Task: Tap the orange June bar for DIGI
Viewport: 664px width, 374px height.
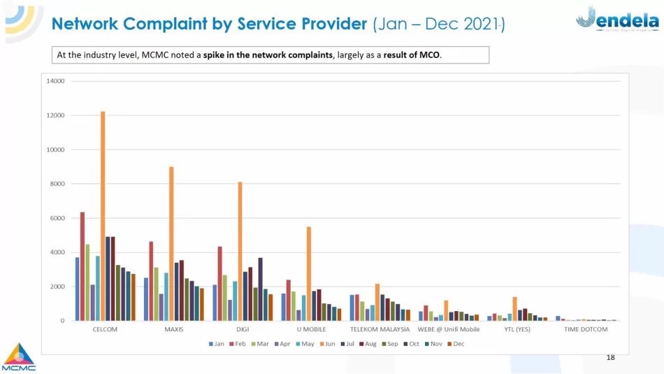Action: point(240,251)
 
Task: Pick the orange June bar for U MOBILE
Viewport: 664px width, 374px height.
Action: point(309,273)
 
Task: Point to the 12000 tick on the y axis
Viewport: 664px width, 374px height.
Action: point(56,115)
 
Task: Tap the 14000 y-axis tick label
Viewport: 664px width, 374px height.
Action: point(56,81)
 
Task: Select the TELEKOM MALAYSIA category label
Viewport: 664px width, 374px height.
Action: point(380,329)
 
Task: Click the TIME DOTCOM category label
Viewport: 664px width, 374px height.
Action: point(586,329)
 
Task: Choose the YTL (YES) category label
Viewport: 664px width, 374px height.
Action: point(517,329)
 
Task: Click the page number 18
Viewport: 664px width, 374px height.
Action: point(610,358)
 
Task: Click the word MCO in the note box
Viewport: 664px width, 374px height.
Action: point(430,55)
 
